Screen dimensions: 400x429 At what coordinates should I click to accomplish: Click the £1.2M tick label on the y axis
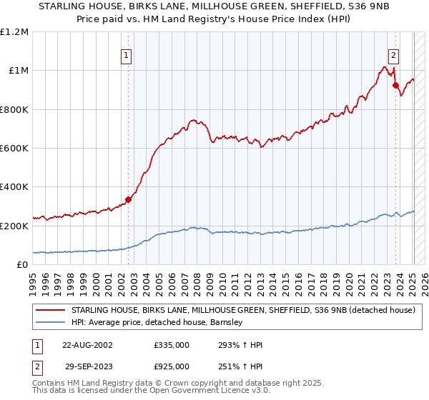click(14, 32)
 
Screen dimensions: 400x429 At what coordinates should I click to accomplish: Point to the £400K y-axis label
click(14, 187)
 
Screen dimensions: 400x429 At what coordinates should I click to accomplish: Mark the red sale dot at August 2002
click(128, 200)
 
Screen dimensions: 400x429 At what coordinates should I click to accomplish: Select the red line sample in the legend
click(50, 311)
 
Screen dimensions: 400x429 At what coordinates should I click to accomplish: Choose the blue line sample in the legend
click(50, 323)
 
